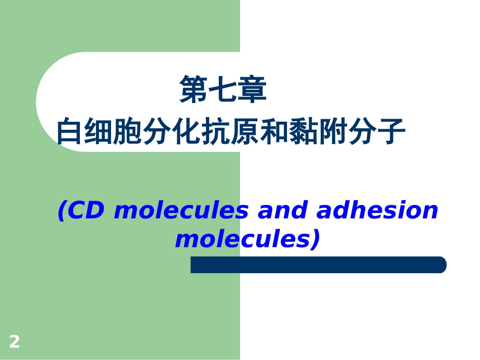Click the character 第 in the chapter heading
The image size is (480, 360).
(195, 90)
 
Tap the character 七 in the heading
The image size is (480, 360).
(223, 90)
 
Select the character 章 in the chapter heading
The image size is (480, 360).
(252, 90)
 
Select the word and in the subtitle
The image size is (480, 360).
(283, 211)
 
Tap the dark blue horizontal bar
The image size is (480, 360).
(318, 265)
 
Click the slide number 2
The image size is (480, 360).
(14, 342)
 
